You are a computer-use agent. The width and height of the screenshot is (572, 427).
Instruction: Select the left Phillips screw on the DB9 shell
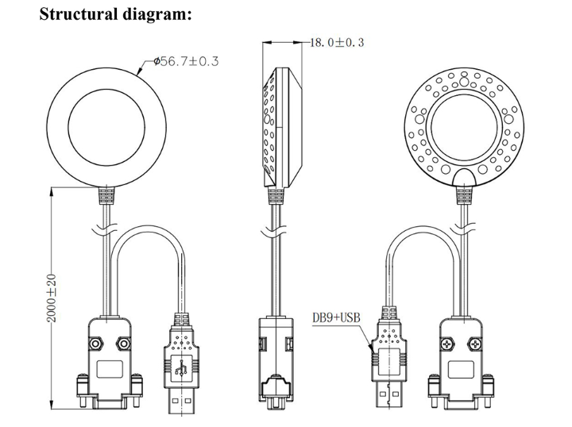pos(445,344)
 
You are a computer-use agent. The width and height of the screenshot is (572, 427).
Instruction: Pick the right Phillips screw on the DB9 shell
pos(475,344)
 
